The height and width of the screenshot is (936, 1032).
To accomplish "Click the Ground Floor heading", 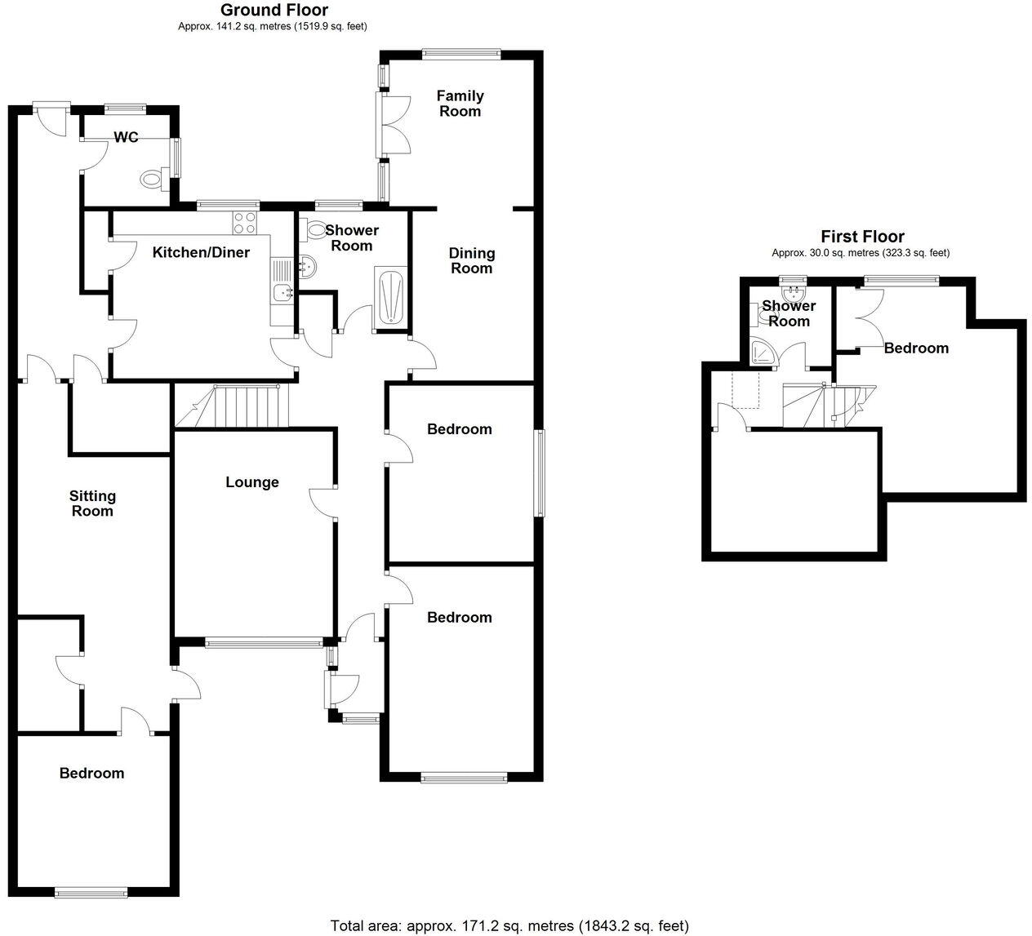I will (274, 11).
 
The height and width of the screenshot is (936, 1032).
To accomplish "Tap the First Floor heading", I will (862, 237).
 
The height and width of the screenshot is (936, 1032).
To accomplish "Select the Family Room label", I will (460, 104).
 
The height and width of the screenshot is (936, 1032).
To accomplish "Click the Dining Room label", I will (471, 260).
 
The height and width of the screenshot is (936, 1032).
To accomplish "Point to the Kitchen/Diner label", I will (201, 252).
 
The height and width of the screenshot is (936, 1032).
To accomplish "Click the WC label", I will (126, 137).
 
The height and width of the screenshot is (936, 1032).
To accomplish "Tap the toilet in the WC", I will (153, 179).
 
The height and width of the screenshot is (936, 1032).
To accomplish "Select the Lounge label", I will (252, 482).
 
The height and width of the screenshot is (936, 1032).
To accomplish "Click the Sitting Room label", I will (92, 503).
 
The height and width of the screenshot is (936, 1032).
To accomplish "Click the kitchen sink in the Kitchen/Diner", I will (282, 285).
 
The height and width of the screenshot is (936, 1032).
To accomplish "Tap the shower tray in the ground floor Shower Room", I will (389, 298).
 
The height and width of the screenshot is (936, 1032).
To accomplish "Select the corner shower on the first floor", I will (763, 351).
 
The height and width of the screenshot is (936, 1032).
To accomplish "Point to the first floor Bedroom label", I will (916, 348).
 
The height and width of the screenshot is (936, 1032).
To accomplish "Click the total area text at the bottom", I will (509, 925).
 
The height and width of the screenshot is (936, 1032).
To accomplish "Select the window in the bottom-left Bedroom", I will (91, 894).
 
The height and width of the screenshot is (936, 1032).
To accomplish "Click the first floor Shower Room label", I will (788, 313).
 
